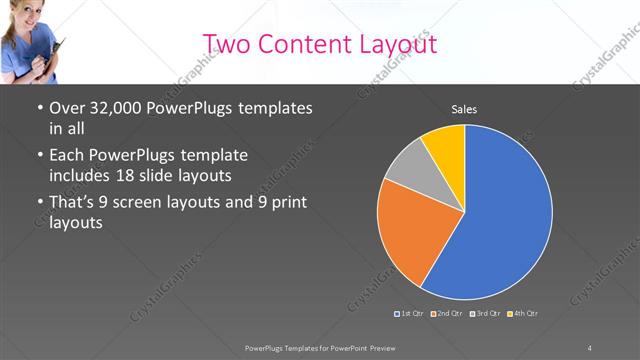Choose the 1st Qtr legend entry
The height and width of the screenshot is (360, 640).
tap(411, 314)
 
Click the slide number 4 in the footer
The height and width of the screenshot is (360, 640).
tap(589, 346)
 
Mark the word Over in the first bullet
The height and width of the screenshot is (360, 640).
tap(68, 108)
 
